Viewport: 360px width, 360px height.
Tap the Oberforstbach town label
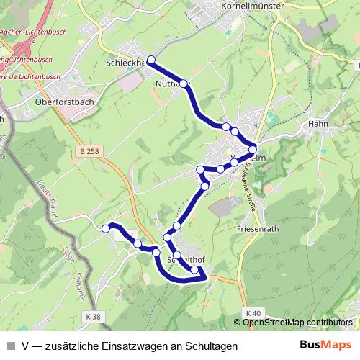pyautogui.click(x=64, y=102)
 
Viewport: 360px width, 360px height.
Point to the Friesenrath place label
pyautogui.click(x=258, y=228)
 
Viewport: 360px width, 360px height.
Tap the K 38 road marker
pyautogui.click(x=93, y=315)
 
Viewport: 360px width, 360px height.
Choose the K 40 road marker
pyautogui.click(x=251, y=313)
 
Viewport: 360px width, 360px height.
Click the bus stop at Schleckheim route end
pyautogui.click(x=151, y=60)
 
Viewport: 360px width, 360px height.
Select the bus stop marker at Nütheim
pyautogui.click(x=184, y=84)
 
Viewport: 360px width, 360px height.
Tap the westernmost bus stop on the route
pyautogui.click(x=106, y=228)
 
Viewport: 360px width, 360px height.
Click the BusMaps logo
pyautogui.click(x=325, y=346)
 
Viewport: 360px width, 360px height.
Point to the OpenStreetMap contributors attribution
pyautogui.click(x=297, y=323)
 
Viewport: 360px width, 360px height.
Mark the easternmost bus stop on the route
pyautogui.click(x=253, y=150)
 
